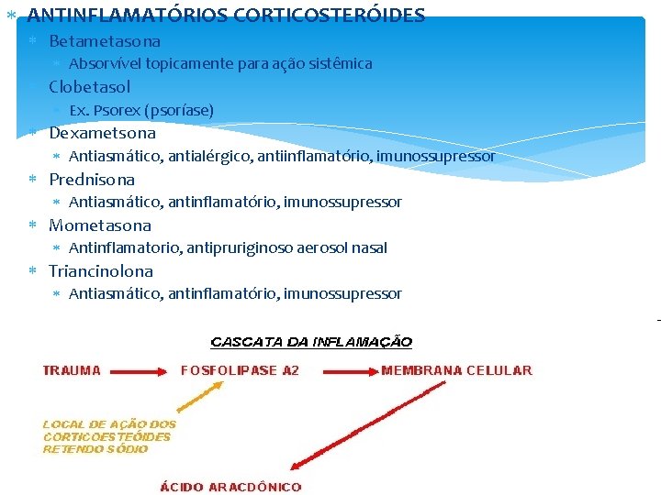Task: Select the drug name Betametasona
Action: tap(104, 41)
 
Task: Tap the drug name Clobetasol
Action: tap(89, 87)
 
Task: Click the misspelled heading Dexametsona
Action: tap(102, 133)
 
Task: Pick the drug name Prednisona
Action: tap(91, 180)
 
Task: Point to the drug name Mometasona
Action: tap(99, 225)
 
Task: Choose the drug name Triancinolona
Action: tap(100, 271)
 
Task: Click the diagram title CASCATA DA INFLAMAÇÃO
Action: tap(311, 342)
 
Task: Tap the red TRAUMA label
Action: tap(72, 371)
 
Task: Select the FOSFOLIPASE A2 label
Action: tap(240, 371)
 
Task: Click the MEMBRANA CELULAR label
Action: tap(456, 371)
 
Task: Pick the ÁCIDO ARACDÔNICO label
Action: tap(230, 487)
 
